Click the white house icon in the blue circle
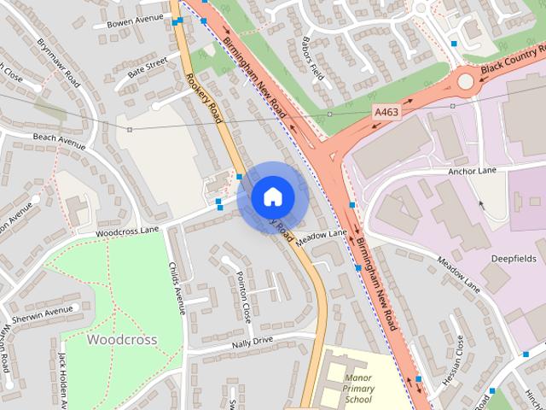[272, 197]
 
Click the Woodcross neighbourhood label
[122, 339]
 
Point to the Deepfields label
[514, 257]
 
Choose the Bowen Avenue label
[134, 20]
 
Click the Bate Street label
[147, 67]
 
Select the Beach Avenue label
[59, 141]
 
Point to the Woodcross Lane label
[127, 231]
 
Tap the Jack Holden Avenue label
[62, 380]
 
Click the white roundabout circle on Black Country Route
[465, 82]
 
